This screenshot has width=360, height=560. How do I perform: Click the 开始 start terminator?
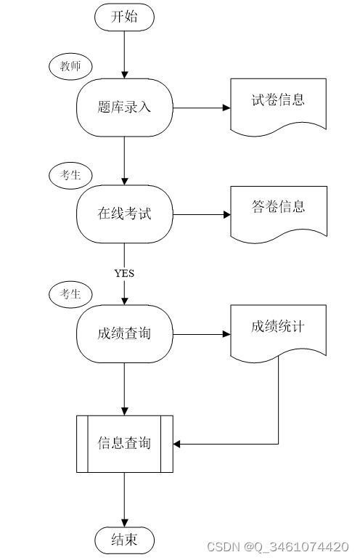(124, 17)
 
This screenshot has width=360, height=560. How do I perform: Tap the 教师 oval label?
(70, 66)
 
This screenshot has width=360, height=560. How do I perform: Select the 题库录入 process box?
(124, 107)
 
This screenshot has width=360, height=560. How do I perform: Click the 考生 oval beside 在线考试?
(70, 175)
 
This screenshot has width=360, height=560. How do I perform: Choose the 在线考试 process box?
(124, 214)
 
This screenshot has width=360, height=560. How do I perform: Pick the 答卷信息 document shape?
(279, 214)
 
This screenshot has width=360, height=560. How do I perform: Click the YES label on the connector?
(124, 273)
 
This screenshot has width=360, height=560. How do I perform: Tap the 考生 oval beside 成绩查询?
(70, 294)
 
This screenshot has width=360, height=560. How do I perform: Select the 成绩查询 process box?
(124, 334)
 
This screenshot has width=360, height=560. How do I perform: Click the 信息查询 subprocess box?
(125, 444)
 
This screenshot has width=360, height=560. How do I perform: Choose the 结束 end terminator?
(124, 540)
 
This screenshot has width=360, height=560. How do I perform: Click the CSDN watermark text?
(278, 547)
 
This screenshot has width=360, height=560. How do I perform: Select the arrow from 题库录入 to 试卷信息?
(202, 107)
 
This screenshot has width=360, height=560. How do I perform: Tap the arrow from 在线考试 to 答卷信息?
(202, 215)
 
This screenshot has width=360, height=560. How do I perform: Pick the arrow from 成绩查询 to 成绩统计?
(202, 334)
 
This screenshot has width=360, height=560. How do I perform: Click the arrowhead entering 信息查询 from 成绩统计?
(177, 445)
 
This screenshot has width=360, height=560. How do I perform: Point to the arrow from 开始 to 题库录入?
(124, 54)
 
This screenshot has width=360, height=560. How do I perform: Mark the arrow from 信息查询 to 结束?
(125, 500)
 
